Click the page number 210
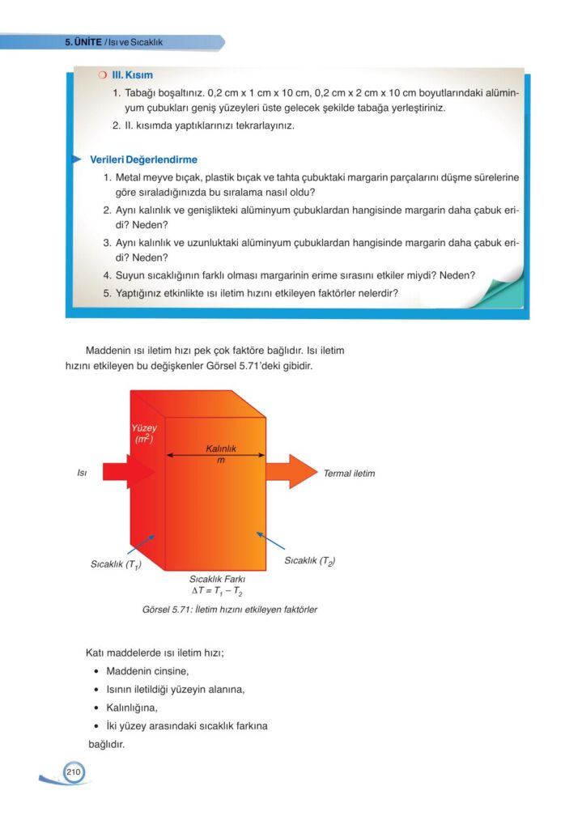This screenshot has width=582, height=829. [x=73, y=773]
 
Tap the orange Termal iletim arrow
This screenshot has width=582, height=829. [x=291, y=471]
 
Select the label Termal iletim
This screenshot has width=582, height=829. [x=349, y=473]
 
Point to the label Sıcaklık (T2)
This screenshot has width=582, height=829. [x=310, y=560]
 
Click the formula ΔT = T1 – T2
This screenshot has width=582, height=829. [x=217, y=592]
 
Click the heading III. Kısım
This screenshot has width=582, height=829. [x=132, y=74]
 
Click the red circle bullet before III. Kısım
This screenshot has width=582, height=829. [x=102, y=74]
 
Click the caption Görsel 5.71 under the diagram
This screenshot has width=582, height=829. [x=217, y=610]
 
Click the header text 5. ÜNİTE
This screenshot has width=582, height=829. [x=83, y=41]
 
